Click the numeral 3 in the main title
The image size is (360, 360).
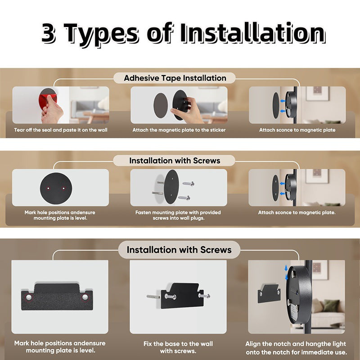tap(49, 33)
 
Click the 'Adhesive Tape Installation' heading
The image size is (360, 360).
tap(175, 78)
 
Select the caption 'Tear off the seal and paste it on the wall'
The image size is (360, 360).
tap(61, 130)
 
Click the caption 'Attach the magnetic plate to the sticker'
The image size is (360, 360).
tap(179, 130)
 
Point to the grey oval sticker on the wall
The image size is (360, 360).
tap(161, 106)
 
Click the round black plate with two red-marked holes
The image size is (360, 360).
tap(56, 188)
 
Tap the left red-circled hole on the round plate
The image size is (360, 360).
tap(48, 189)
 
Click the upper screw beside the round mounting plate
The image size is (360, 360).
tap(189, 184)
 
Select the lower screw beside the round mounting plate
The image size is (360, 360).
tap(184, 198)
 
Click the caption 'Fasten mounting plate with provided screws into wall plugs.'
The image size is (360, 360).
tap(178, 215)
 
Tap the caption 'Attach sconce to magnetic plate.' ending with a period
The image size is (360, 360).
tap(297, 212)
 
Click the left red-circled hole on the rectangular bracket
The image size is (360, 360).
tap(29, 297)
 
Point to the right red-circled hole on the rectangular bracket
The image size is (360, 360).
tap(85, 297)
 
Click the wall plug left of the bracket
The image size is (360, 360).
tap(153, 297)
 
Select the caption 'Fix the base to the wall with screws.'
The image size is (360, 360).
tap(178, 347)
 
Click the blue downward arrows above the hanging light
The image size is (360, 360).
tap(286, 273)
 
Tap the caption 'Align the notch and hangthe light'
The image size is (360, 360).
tap(296, 344)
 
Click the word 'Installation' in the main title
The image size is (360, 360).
tap(252, 33)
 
